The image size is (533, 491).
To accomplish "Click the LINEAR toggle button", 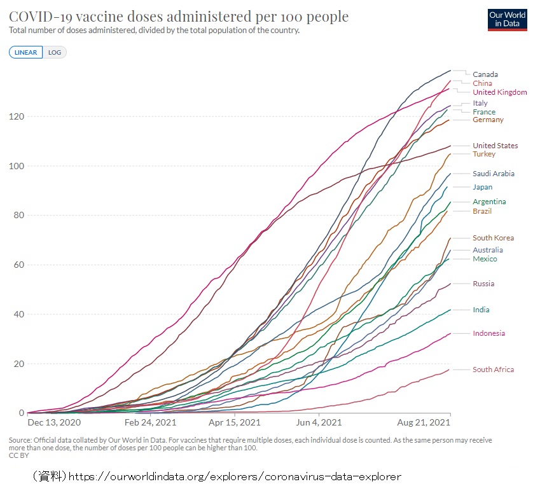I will [x=26, y=52].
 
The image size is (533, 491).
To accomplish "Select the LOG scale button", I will [x=55, y=52].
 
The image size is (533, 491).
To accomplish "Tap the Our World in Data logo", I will [x=506, y=18].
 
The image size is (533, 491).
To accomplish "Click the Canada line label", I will [x=485, y=74].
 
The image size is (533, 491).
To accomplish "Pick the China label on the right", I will [x=482, y=83].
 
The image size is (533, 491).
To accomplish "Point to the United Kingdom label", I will [x=499, y=92].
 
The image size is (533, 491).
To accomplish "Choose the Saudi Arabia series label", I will [x=493, y=174].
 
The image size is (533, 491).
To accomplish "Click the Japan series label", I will [x=482, y=187].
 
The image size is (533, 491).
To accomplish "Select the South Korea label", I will [x=493, y=238].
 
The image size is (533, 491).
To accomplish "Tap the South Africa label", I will [x=493, y=370].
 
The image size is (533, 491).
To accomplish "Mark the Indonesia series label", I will [x=488, y=333].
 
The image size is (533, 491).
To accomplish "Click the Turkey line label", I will [x=483, y=154].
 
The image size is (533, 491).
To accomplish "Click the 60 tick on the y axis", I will [x=18, y=265].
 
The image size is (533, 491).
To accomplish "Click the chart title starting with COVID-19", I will [x=179, y=17].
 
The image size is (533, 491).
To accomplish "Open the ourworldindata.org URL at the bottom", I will [x=235, y=476].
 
